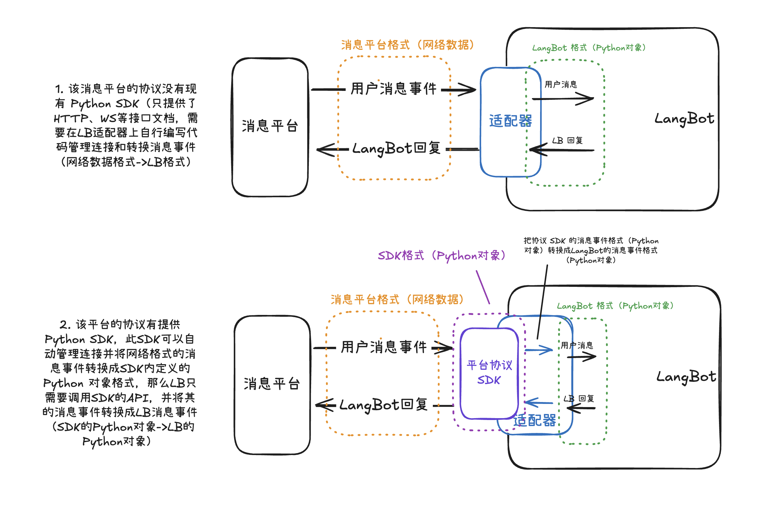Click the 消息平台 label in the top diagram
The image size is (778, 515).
tap(270, 126)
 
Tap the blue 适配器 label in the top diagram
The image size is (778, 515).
tap(510, 121)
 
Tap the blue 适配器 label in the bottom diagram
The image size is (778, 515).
tap(534, 420)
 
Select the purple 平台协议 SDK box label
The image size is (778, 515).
tap(489, 372)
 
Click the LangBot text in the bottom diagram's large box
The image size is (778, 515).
tap(686, 377)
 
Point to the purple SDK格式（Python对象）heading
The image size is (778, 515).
tap(441, 256)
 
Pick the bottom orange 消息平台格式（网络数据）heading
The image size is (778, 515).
tap(397, 299)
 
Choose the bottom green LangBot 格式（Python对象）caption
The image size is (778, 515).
tap(615, 306)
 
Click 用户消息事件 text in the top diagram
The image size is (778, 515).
tap(394, 89)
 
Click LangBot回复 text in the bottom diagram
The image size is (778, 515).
tap(383, 405)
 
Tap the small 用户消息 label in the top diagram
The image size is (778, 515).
tap(561, 84)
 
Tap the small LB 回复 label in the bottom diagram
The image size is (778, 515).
tap(579, 399)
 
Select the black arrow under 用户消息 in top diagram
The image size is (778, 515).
tap(563, 98)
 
